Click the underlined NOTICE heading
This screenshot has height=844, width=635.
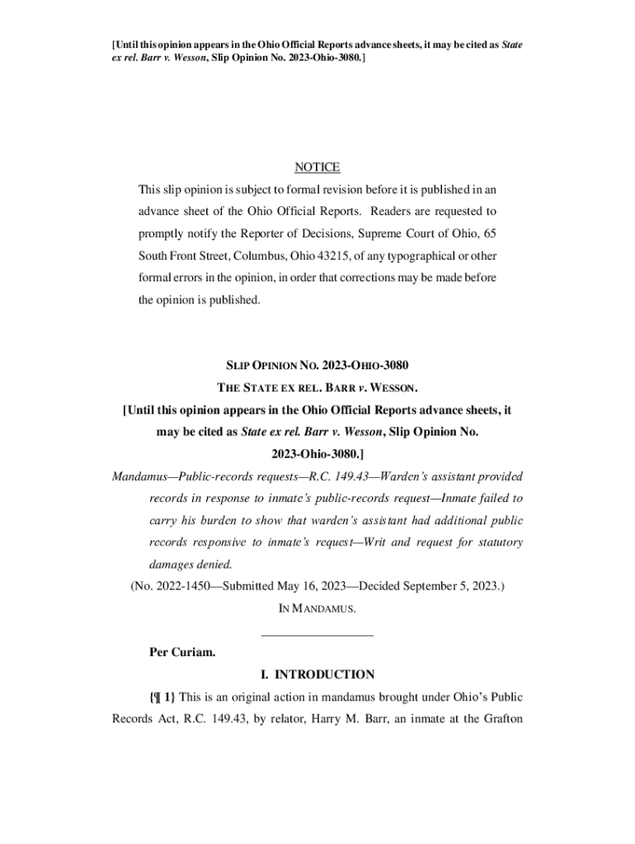pyautogui.click(x=317, y=167)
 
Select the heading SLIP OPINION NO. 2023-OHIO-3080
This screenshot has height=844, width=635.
pyautogui.click(x=317, y=365)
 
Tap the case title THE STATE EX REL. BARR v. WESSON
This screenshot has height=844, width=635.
pyautogui.click(x=317, y=387)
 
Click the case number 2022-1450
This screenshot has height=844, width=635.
pyautogui.click(x=180, y=586)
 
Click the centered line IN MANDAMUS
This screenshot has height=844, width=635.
pyautogui.click(x=317, y=608)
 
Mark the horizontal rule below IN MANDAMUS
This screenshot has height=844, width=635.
pyautogui.click(x=317, y=635)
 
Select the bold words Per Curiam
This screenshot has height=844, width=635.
pyautogui.click(x=182, y=653)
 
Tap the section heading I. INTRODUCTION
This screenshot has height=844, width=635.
pyautogui.click(x=317, y=674)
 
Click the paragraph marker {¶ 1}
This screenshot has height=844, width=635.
pyautogui.click(x=162, y=696)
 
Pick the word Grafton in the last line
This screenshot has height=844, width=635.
pyautogui.click(x=500, y=718)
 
